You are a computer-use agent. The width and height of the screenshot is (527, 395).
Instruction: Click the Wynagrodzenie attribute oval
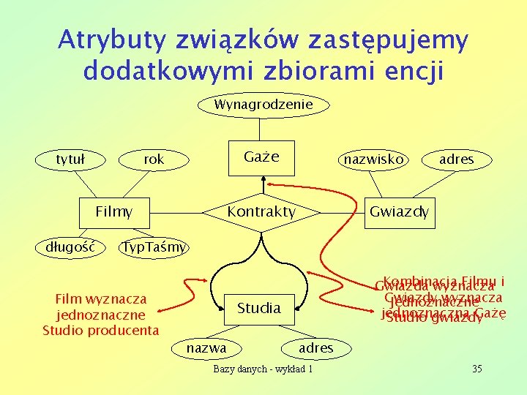(x=263, y=105)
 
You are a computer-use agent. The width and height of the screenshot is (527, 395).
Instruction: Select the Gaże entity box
(x=261, y=158)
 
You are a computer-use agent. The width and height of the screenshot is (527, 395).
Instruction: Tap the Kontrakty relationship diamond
(x=261, y=212)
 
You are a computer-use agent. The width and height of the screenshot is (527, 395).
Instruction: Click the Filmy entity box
(x=114, y=212)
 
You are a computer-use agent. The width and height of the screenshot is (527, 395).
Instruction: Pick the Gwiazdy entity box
(x=399, y=212)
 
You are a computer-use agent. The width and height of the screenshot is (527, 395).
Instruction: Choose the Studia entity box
(x=259, y=308)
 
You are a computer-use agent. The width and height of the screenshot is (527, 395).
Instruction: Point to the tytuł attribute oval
(x=72, y=159)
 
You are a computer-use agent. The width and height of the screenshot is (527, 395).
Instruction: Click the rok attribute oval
(x=154, y=159)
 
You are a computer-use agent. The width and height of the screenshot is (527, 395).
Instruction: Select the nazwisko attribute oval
(x=373, y=159)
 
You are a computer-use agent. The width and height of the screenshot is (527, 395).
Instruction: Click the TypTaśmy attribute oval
(x=154, y=247)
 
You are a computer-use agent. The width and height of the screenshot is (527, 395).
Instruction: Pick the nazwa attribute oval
(x=206, y=347)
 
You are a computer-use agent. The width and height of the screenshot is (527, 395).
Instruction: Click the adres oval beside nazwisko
(x=457, y=159)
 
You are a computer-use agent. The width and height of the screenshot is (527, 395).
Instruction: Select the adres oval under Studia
(x=315, y=347)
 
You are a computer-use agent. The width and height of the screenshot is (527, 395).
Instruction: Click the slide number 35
(x=476, y=368)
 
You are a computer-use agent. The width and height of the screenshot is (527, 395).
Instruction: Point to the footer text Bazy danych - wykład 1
(x=263, y=369)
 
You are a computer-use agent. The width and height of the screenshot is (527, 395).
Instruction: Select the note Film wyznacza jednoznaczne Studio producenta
(x=100, y=315)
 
